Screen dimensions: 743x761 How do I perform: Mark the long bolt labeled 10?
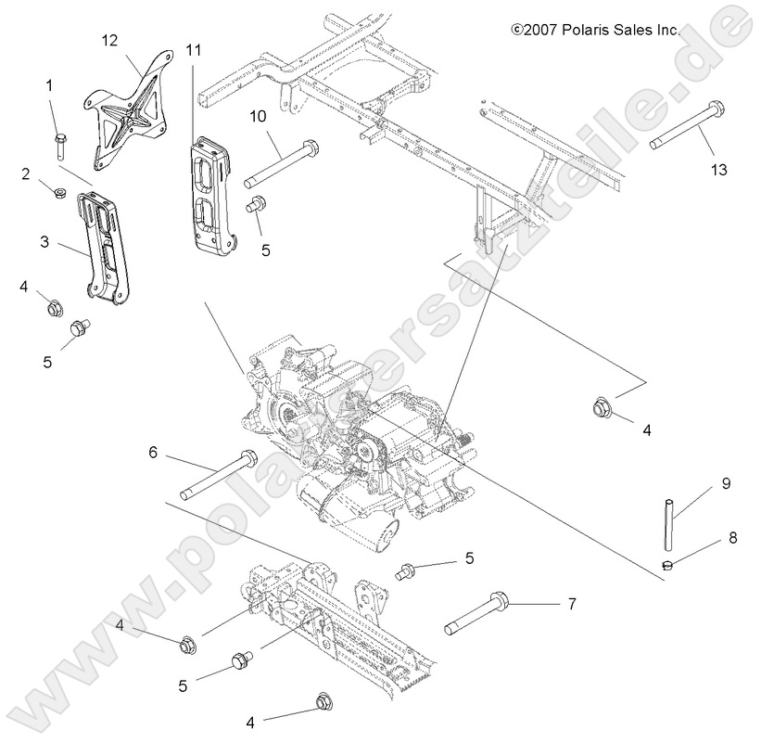point(282,163)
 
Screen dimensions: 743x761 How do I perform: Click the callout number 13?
point(719,170)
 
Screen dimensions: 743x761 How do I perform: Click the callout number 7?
point(572,604)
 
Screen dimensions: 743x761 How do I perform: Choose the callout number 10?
point(258,115)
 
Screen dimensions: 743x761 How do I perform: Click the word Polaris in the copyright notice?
point(590,31)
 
